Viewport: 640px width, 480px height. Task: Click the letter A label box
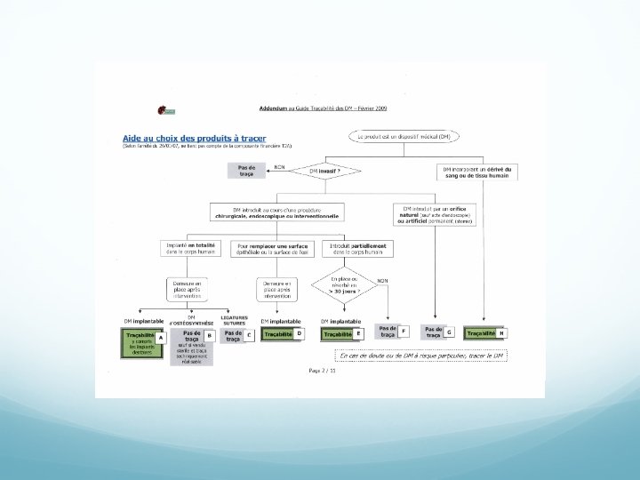(x=160, y=338)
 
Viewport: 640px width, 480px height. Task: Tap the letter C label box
(x=250, y=335)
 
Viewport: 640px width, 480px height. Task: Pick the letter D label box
(x=299, y=333)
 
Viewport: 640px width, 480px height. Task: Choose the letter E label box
(x=357, y=333)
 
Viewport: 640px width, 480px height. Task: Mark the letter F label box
(x=404, y=331)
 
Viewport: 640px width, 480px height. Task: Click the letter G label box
(x=450, y=332)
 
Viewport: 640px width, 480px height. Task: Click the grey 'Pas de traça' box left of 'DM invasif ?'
(x=246, y=170)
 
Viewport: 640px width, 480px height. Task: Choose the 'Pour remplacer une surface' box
(x=276, y=249)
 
